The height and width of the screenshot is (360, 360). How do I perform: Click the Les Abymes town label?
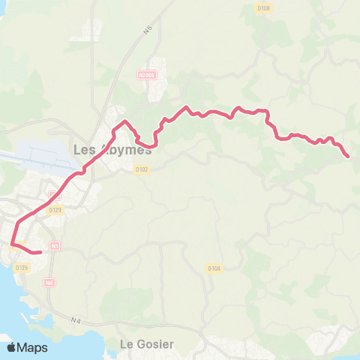112,148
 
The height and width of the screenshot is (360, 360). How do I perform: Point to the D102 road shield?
142,169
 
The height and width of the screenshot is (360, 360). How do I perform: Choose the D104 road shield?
214,268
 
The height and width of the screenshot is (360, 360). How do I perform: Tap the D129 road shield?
55,210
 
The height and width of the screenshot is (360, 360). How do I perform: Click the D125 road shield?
22,268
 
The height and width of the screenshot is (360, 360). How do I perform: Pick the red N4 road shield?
49,283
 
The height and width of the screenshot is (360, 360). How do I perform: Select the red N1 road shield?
55,245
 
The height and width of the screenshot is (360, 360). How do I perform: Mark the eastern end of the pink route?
349,156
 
